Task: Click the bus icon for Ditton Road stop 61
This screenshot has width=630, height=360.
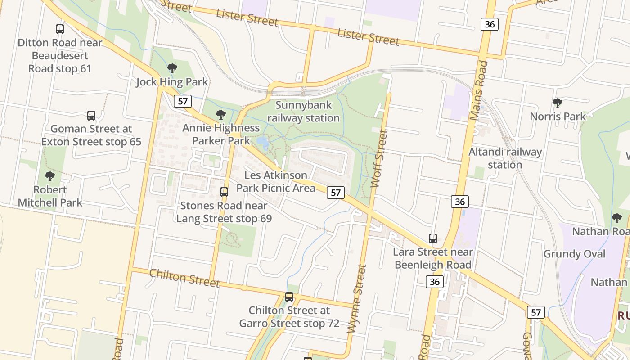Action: (60, 29)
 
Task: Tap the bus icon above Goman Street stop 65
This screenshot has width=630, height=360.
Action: (91, 116)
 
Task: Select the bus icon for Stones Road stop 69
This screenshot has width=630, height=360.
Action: (224, 192)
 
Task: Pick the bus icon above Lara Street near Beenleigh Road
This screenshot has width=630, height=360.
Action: (433, 238)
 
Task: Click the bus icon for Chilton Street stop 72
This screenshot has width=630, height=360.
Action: (289, 297)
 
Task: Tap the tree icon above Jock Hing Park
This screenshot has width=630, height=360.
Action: (172, 68)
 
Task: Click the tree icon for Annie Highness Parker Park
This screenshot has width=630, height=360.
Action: (220, 115)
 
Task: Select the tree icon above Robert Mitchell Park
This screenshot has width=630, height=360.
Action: (50, 176)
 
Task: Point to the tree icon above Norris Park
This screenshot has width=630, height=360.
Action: (558, 103)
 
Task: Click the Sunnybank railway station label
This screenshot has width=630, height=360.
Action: (304, 112)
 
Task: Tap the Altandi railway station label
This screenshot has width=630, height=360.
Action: (505, 158)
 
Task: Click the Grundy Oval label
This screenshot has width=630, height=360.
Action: (574, 254)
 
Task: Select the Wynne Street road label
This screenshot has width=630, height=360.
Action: (357, 299)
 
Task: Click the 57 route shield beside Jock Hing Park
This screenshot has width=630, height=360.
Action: (183, 101)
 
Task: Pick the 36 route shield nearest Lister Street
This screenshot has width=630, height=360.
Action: (489, 24)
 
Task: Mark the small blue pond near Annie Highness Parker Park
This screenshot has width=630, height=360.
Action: (262, 143)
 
